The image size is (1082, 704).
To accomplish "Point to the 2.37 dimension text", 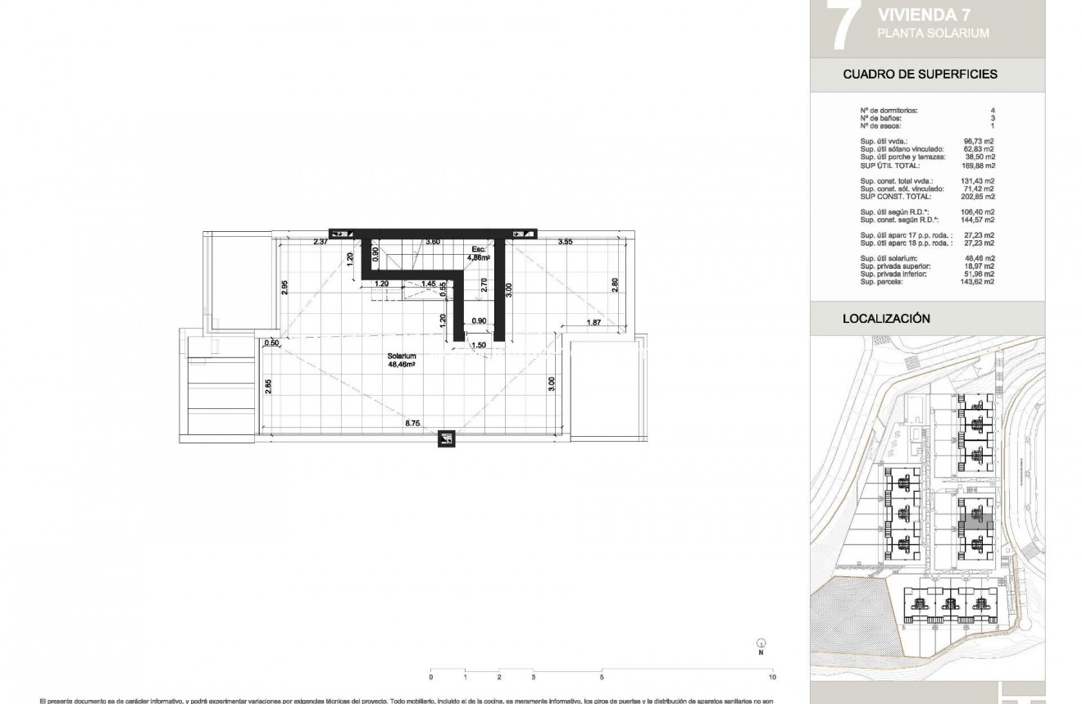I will click(x=321, y=242).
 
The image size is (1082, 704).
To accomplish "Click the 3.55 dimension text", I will click(x=565, y=242).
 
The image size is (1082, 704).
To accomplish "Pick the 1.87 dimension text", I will click(x=593, y=323).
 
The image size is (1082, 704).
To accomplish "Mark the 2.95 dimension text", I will click(x=284, y=287).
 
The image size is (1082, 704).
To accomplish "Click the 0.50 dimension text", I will click(x=272, y=343).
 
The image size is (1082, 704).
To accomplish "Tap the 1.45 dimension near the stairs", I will click(x=428, y=284).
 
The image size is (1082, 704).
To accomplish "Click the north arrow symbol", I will click(x=761, y=645).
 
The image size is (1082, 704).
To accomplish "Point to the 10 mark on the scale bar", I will click(x=772, y=677).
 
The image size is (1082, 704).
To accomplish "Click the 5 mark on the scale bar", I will click(x=602, y=677).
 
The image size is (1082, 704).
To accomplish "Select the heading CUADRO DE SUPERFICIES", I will click(x=920, y=74).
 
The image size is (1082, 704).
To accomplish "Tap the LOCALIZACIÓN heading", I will click(x=886, y=319).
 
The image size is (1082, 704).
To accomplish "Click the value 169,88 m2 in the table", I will click(x=979, y=166).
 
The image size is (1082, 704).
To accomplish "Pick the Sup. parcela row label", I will click(x=882, y=282).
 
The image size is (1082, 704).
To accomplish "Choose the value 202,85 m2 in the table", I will click(x=979, y=197).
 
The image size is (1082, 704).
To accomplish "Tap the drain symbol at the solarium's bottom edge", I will click(x=447, y=439).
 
